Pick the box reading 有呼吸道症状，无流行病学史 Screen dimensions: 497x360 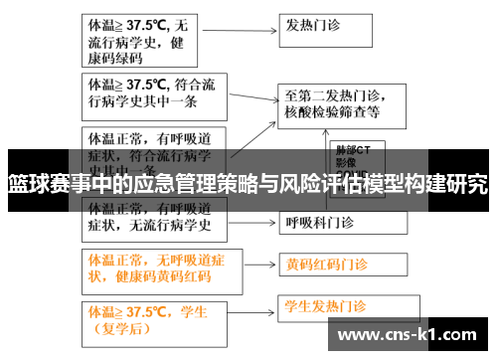coord(150,218)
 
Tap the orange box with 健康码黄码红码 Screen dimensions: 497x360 coord(150,266)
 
